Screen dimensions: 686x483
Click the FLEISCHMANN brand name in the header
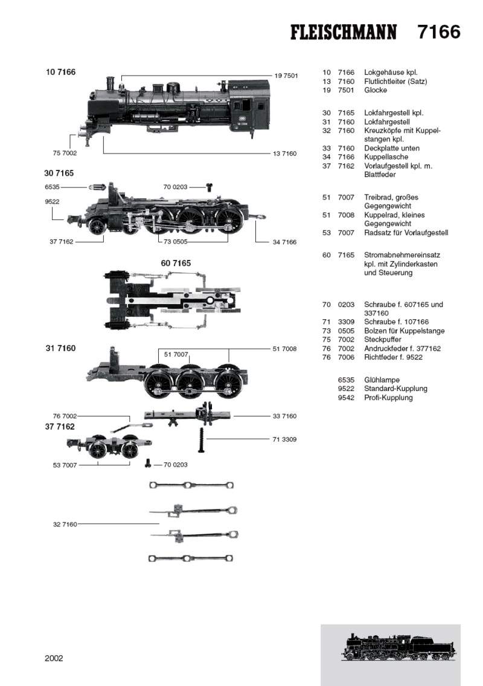point(344,33)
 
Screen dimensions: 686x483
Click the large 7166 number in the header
point(439,32)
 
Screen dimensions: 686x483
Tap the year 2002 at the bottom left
point(54,658)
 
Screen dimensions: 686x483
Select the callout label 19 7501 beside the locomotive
point(286,76)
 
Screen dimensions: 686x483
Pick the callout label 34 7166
point(284,242)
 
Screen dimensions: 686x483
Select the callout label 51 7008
point(284,349)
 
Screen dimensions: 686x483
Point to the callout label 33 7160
point(284,416)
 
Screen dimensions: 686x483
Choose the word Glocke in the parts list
point(376,90)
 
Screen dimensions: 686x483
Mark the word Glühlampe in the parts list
point(382,380)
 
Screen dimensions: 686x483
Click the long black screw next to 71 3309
point(201,439)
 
